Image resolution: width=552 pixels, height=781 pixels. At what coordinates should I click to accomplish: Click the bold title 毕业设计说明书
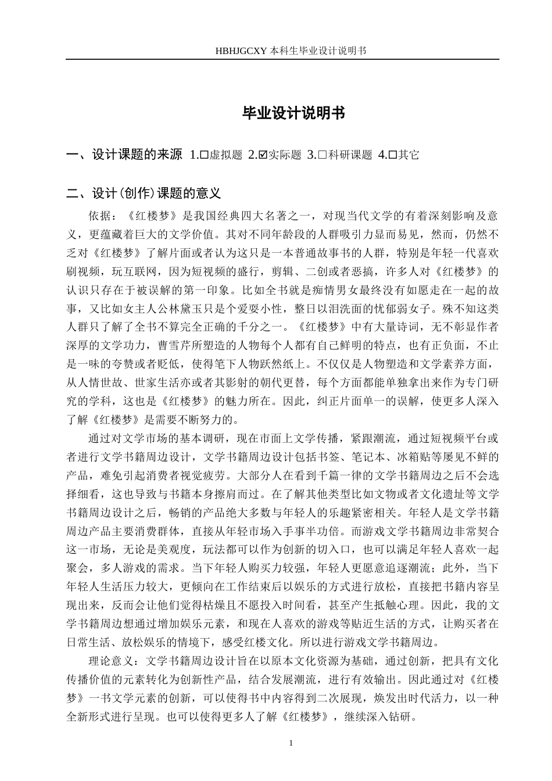coord(294,114)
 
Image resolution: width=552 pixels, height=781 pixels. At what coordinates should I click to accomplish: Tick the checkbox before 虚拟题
coord(203,155)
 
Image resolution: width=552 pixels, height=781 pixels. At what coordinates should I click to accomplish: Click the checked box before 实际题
coord(263,155)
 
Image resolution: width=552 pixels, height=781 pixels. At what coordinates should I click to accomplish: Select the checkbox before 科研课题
coord(323,155)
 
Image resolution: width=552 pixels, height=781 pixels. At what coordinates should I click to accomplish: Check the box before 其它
coord(392,155)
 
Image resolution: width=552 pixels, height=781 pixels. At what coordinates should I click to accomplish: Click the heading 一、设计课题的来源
coord(124,155)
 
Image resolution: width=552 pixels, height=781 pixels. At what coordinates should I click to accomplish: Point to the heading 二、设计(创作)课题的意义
coord(144,193)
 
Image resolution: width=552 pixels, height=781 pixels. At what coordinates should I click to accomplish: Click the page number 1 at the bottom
coord(291,743)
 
